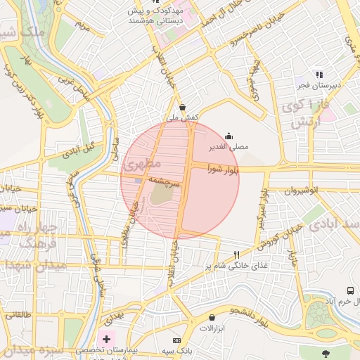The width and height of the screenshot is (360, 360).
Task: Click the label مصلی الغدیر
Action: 226,149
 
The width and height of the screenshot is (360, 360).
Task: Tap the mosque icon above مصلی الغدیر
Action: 228,136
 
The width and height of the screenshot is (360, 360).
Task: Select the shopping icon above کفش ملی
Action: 183,107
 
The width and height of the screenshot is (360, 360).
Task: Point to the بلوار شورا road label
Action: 225,169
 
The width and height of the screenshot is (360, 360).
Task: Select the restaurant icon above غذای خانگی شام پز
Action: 237,255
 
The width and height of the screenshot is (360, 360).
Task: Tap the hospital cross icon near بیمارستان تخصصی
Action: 106,339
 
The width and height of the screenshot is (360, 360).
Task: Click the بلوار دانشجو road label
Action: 249,311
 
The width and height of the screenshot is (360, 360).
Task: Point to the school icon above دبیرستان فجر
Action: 319,74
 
